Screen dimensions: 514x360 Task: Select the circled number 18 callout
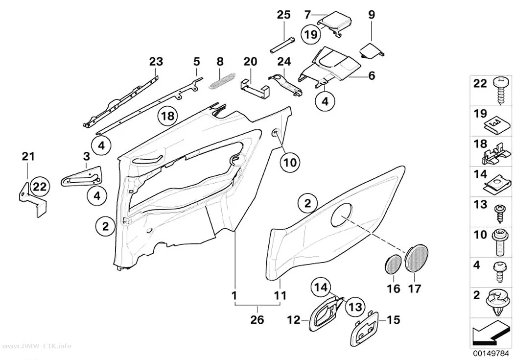167,116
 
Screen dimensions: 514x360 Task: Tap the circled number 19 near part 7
310,34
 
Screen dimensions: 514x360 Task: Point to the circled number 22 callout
40,187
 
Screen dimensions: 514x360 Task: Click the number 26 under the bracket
257,320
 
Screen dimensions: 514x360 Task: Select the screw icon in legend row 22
502,90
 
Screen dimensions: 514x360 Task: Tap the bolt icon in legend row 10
501,242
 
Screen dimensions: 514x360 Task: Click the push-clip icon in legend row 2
499,303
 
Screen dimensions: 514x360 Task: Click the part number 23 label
156,62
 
